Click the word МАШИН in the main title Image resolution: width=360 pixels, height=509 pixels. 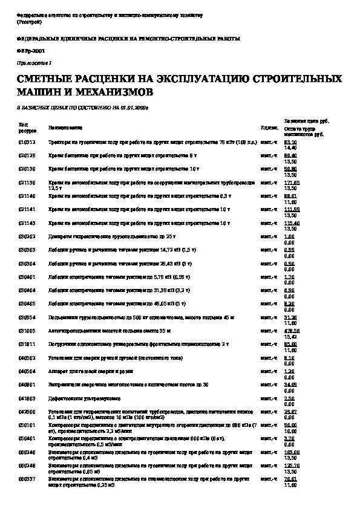tap(38, 92)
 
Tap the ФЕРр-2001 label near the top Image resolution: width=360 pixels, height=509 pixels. tap(29, 51)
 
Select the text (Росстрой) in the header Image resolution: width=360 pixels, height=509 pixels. tap(28, 22)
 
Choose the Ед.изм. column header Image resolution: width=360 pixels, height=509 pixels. tap(269, 128)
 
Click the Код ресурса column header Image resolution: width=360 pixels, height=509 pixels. tap(27, 128)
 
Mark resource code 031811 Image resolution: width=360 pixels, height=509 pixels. tap(27, 344)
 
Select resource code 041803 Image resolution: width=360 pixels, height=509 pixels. tap(27, 398)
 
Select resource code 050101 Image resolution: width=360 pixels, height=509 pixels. tap(27, 426)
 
